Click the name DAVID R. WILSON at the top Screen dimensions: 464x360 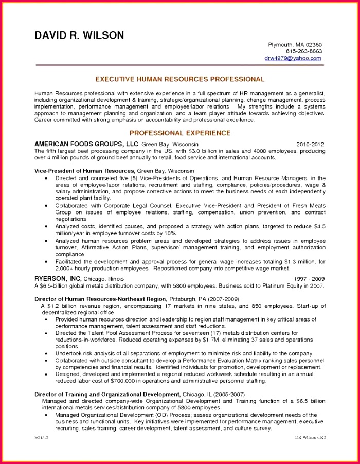pyautogui.click(x=79, y=35)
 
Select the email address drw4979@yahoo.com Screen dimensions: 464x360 pyautogui.click(x=293, y=58)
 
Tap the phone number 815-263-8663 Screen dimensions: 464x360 pyautogui.click(x=304, y=51)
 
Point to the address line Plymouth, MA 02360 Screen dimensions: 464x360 pyautogui.click(x=295, y=45)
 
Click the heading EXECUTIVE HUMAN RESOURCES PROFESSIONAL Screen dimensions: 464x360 pyautogui.click(x=180, y=79)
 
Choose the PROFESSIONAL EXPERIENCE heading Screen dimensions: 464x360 pyautogui.click(x=180, y=133)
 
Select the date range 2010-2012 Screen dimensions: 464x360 pyautogui.click(x=311, y=145)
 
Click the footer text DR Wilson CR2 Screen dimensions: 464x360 pyautogui.click(x=310, y=437)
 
